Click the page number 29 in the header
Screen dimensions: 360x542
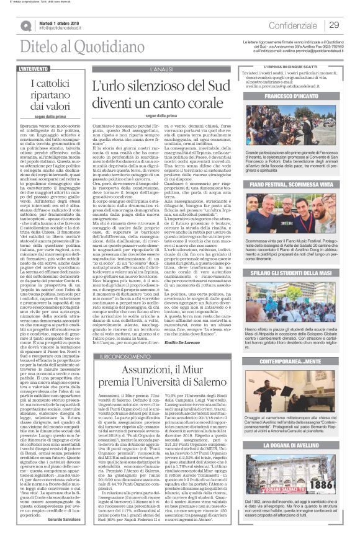(333, 25)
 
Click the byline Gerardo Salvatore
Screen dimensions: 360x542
(65, 520)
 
